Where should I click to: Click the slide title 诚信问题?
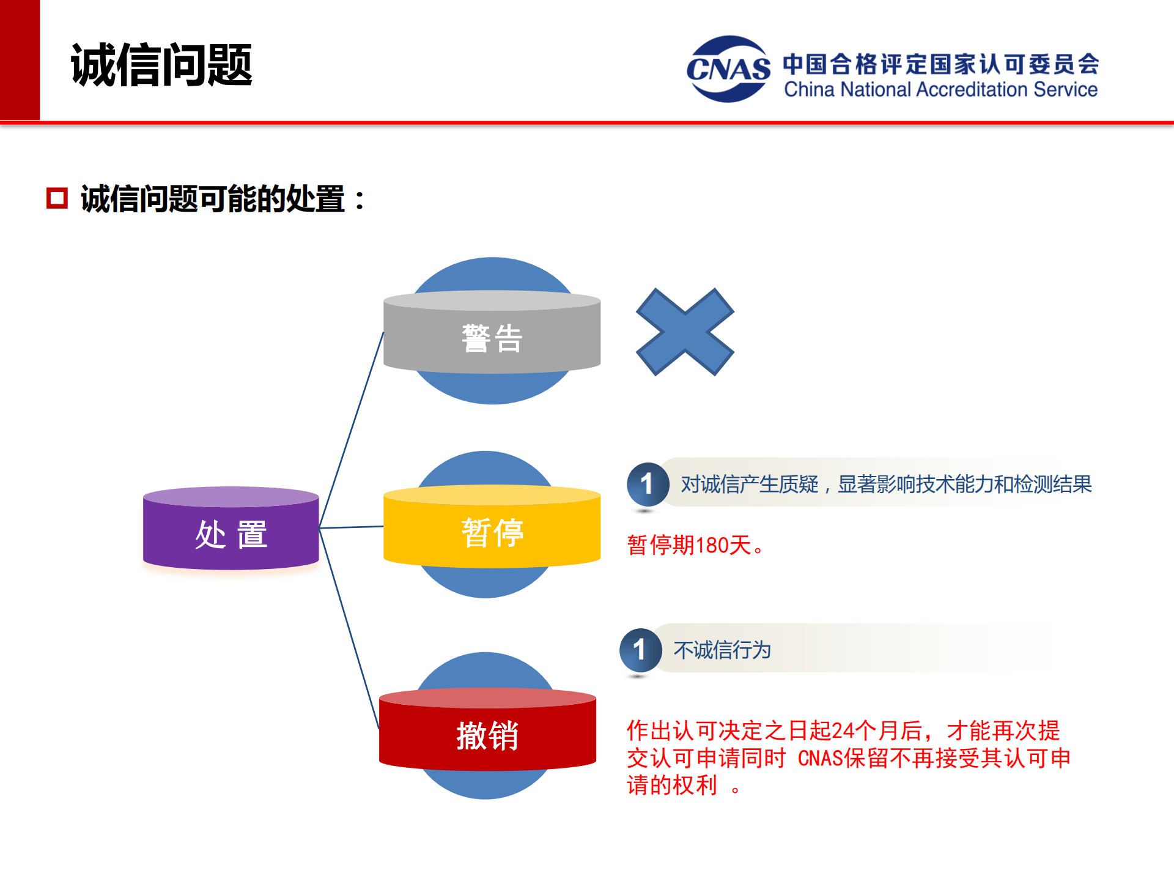pos(161,65)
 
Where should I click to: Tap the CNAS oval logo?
pos(728,69)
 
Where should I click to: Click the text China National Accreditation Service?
pos(940,90)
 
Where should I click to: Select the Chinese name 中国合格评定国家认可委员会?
pos(940,64)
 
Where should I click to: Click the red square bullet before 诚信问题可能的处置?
pos(57,198)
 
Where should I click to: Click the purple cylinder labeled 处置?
pos(231,533)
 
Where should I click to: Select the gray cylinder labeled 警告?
pos(492,337)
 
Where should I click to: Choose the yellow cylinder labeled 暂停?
pos(492,531)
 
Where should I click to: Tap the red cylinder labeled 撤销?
pos(487,734)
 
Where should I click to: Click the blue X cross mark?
pos(685,332)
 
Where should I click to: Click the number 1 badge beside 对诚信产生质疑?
pos(647,484)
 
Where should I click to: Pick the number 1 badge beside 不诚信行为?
pos(640,650)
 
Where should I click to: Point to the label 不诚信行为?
pos(722,650)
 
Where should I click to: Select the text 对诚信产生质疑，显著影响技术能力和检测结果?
pos(886,484)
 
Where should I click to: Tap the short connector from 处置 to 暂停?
pos(351,527)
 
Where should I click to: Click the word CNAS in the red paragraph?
pos(820,759)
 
